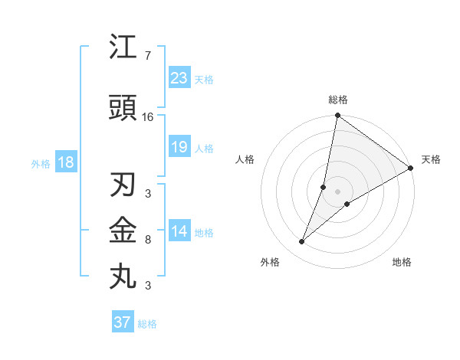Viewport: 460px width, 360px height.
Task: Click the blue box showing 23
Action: pyautogui.click(x=179, y=77)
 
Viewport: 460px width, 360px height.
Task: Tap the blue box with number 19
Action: pyautogui.click(x=179, y=147)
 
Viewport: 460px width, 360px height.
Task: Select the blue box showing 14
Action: pyautogui.click(x=179, y=231)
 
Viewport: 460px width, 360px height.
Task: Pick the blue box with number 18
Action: pyautogui.click(x=64, y=162)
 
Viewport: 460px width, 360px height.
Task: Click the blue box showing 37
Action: pyautogui.click(x=123, y=322)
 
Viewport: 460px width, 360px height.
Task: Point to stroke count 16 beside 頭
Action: pyautogui.click(x=149, y=117)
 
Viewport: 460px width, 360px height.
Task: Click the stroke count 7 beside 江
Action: pyautogui.click(x=147, y=56)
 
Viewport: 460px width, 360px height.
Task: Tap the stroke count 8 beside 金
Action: pyautogui.click(x=147, y=240)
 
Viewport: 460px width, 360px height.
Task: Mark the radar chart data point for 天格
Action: pyautogui.click(x=410, y=169)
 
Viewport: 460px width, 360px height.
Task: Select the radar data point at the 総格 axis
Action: pyautogui.click(x=337, y=116)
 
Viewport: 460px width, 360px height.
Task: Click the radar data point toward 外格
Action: pyautogui.click(x=302, y=242)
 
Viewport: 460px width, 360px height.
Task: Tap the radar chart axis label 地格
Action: pyautogui.click(x=402, y=263)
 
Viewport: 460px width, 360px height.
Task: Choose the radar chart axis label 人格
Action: pyautogui.click(x=245, y=159)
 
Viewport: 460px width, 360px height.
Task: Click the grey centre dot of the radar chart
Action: pyautogui.click(x=337, y=191)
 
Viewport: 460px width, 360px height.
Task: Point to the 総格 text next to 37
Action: pyautogui.click(x=147, y=324)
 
